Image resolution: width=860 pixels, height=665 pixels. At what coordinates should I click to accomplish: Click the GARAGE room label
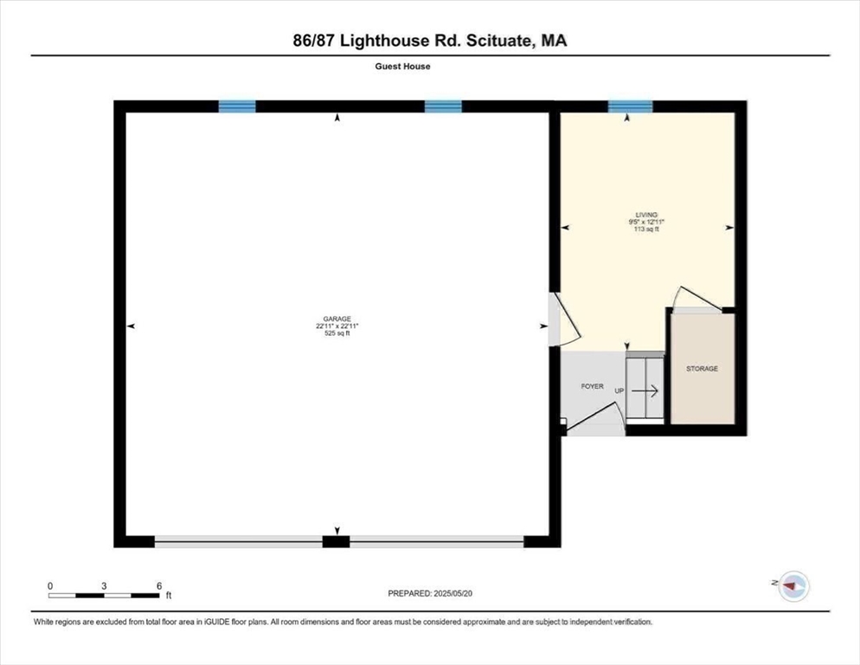[x=337, y=319]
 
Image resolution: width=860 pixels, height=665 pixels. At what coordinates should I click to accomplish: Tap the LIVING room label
[x=645, y=214]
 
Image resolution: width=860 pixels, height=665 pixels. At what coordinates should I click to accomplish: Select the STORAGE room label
[x=702, y=369]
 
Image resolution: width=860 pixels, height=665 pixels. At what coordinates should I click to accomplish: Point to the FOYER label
[x=592, y=386]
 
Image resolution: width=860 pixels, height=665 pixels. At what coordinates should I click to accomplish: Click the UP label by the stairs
[x=619, y=391]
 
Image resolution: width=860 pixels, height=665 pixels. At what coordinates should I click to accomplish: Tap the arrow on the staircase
[x=650, y=391]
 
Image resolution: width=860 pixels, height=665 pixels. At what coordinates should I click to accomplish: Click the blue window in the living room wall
[x=629, y=107]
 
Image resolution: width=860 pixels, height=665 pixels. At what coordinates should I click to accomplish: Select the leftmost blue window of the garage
[x=237, y=107]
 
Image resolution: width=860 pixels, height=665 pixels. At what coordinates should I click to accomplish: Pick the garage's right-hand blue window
[x=443, y=107]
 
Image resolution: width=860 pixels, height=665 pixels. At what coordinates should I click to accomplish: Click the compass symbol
[x=793, y=586]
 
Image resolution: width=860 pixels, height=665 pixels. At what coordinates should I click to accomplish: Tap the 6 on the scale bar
[x=159, y=585]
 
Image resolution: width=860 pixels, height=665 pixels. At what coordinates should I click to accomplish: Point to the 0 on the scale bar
[x=50, y=585]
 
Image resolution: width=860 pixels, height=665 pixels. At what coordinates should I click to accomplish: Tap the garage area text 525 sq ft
[x=337, y=334]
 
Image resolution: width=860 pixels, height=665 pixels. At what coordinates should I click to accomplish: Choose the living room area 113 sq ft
[x=645, y=229]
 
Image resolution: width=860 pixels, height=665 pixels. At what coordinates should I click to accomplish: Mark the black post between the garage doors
[x=336, y=542]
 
